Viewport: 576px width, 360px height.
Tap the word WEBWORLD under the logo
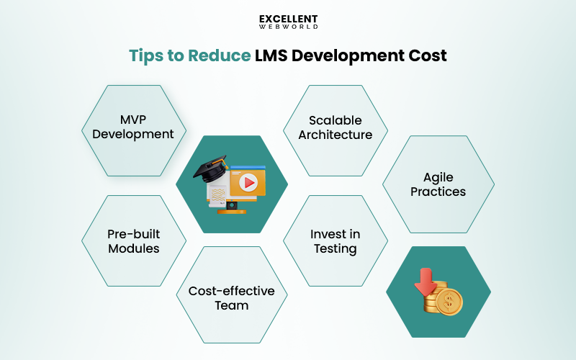(288, 27)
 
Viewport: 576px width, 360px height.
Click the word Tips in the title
(145, 56)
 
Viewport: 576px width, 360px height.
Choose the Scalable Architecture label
(336, 127)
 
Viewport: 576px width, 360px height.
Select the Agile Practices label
(438, 184)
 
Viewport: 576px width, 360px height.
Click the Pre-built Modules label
(133, 241)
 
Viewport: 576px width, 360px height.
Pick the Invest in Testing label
(336, 241)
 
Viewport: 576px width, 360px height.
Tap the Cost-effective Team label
(232, 298)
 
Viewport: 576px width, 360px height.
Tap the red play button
(248, 183)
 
